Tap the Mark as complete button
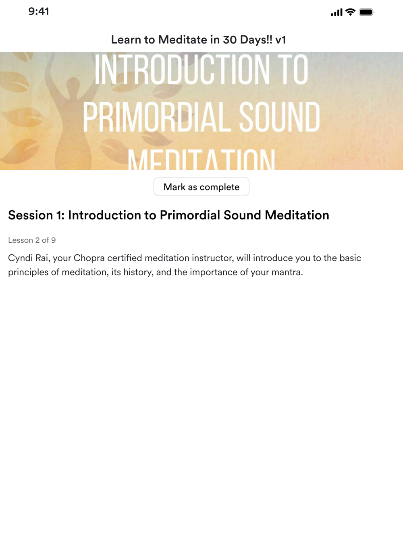201,187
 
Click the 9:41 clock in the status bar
39,12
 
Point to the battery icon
366,12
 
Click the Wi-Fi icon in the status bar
350,12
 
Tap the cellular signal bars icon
337,12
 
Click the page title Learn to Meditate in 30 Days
192,39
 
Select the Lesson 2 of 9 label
32,240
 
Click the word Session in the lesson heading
31,215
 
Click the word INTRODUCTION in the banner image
182,70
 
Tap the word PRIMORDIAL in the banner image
157,117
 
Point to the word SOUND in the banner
279,117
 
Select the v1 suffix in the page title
280,39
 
